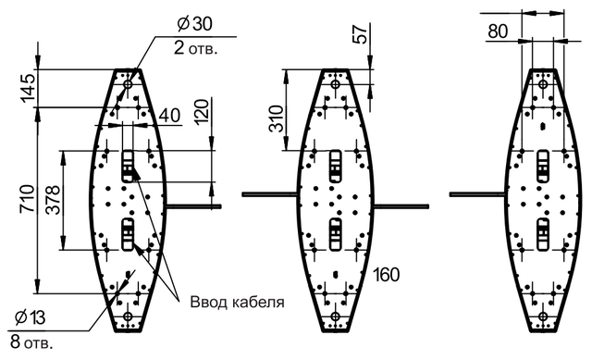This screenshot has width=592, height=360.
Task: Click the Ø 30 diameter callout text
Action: pyautogui.click(x=194, y=24)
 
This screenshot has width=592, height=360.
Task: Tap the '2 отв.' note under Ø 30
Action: pyautogui.click(x=195, y=49)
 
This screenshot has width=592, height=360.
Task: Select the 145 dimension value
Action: pyautogui.click(x=29, y=89)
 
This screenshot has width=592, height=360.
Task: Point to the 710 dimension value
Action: pyautogui.click(x=28, y=199)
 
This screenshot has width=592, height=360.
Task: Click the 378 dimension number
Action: pyautogui.click(x=53, y=200)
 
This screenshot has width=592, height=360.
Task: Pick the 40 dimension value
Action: pyautogui.click(x=170, y=116)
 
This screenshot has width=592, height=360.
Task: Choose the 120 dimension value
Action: pyautogui.click(x=202, y=111)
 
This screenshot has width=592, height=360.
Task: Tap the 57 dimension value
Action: pyautogui.click(x=361, y=34)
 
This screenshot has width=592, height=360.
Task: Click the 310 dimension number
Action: pyautogui.click(x=276, y=119)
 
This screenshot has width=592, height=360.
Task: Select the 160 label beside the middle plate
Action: pyautogui.click(x=387, y=275)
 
